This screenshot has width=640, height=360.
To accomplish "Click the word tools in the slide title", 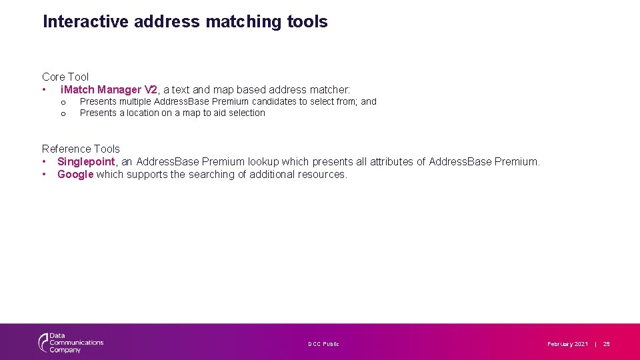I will [x=307, y=22].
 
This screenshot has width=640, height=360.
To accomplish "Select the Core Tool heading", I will [x=65, y=77].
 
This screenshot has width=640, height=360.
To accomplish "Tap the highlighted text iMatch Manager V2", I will [x=109, y=89].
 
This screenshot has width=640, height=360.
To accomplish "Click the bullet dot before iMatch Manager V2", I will [x=44, y=89].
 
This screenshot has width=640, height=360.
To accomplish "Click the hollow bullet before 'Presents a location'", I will [x=63, y=113].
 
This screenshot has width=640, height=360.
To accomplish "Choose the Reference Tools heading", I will [x=81, y=149].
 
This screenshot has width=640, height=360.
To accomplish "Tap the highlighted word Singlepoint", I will [x=86, y=161].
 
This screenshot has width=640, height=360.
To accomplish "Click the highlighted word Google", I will [x=75, y=174].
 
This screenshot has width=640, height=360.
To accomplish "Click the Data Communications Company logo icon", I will [x=44, y=343].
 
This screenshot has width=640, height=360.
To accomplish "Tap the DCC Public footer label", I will [x=323, y=344].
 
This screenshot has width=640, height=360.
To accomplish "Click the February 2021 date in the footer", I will [x=567, y=344].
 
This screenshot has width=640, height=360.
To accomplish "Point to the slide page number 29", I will [x=606, y=344].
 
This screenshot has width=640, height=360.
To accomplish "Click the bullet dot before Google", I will [x=44, y=174].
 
